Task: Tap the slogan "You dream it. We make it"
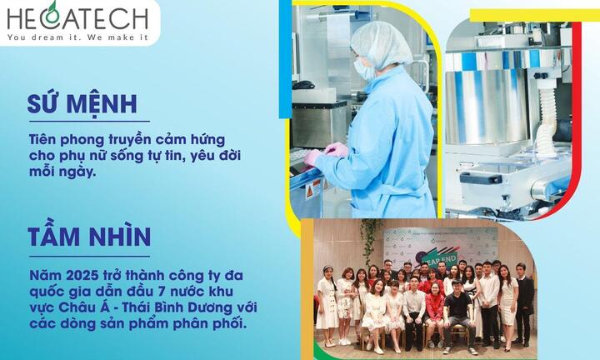pyautogui.click(x=76, y=36)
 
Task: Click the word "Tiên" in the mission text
pyautogui.click(x=43, y=136)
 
